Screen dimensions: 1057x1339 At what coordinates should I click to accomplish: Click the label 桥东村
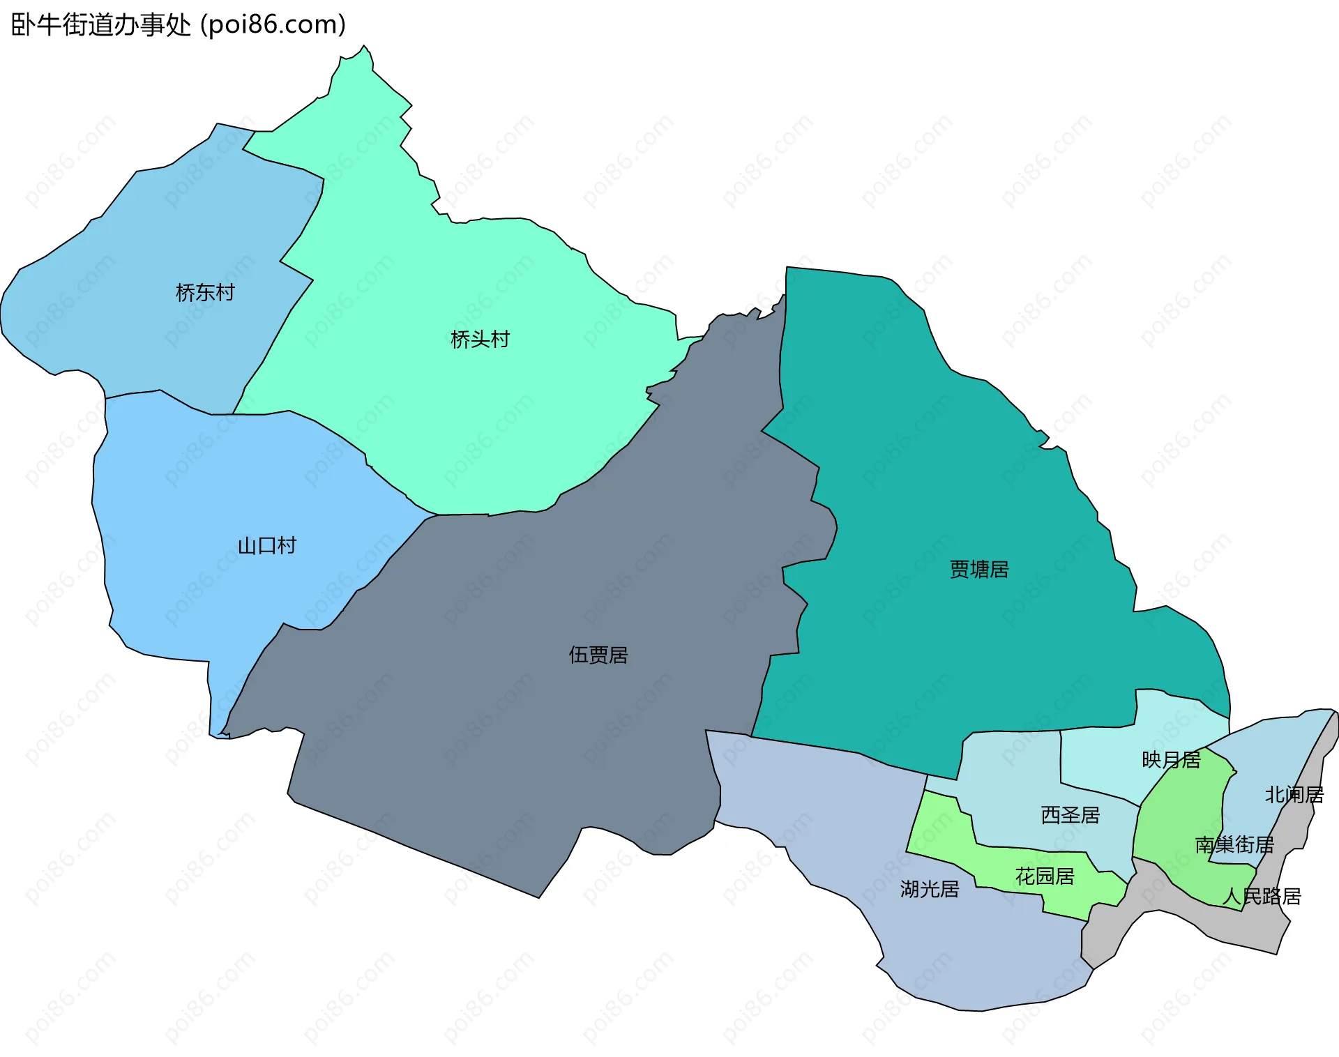click(x=205, y=293)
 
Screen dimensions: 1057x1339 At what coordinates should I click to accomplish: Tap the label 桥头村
click(x=480, y=340)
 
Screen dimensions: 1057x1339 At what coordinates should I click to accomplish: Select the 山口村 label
click(x=267, y=545)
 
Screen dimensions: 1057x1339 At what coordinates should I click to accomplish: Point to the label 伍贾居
click(x=598, y=655)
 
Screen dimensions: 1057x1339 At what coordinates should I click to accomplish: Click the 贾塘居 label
click(x=979, y=570)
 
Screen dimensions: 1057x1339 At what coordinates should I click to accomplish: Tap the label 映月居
click(x=1171, y=760)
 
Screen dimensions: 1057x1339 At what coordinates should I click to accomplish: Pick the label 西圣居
click(x=1071, y=815)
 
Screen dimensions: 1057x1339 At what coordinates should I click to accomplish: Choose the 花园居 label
click(x=1045, y=876)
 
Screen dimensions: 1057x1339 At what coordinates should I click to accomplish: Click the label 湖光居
click(x=930, y=889)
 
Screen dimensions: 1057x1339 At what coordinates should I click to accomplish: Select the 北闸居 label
click(x=1294, y=795)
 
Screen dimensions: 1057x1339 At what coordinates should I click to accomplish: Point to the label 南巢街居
click(x=1234, y=845)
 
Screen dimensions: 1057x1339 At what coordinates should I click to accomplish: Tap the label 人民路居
click(x=1262, y=897)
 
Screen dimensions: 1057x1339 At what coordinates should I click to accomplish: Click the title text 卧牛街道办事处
click(x=101, y=25)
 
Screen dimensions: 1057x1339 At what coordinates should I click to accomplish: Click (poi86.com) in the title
click(x=273, y=25)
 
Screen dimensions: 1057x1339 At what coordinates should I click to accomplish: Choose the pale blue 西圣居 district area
click(x=1011, y=774)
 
